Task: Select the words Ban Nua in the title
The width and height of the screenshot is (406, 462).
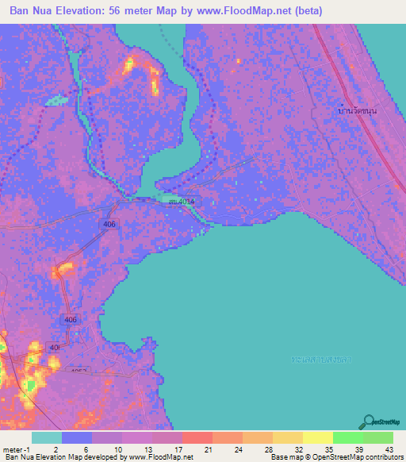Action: pyautogui.click(x=30, y=10)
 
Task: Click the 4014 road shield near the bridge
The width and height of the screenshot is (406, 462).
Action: pyautogui.click(x=182, y=202)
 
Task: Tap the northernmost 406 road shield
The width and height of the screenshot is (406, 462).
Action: pyautogui.click(x=109, y=225)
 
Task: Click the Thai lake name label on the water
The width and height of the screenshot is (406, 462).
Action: pyautogui.click(x=321, y=360)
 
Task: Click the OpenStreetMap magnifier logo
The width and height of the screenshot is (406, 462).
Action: pyautogui.click(x=369, y=422)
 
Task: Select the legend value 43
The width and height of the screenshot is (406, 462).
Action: pyautogui.click(x=389, y=449)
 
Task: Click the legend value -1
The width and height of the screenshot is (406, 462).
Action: pyautogui.click(x=33, y=449)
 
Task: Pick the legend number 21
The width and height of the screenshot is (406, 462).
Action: pyautogui.click(x=208, y=449)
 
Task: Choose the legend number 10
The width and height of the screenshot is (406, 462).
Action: pyautogui.click(x=117, y=449)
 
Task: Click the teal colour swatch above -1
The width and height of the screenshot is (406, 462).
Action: pyautogui.click(x=47, y=437)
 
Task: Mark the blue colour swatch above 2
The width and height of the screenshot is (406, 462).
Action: pyautogui.click(x=77, y=437)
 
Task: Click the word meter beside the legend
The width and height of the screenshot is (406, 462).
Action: pyautogui.click(x=14, y=449)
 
